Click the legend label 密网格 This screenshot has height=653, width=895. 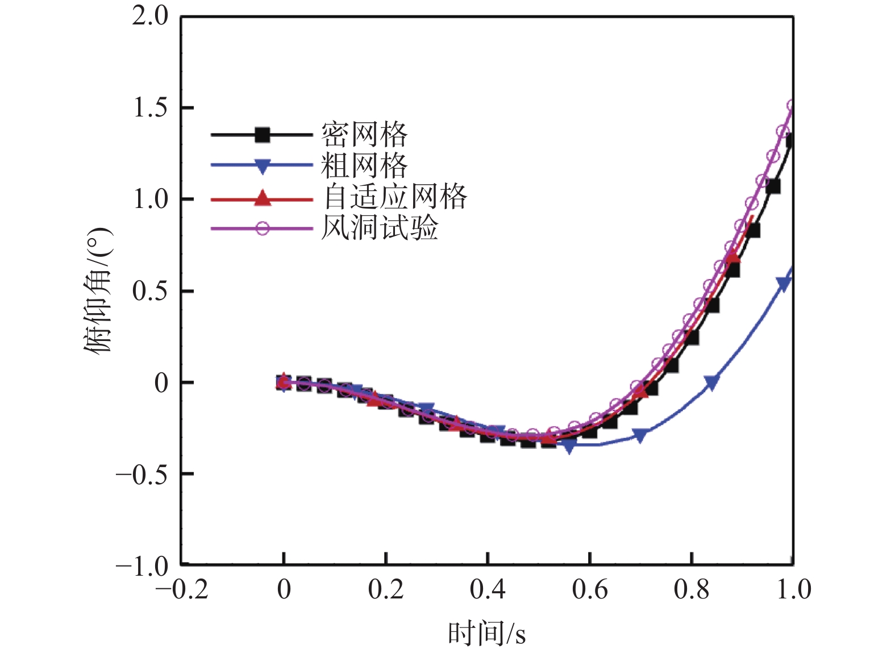[364, 135]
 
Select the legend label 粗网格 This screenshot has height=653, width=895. [364, 166]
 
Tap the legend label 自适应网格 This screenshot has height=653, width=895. [395, 197]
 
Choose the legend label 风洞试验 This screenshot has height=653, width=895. [380, 228]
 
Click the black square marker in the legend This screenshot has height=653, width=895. [262, 135]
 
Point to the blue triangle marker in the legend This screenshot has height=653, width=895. [262, 167]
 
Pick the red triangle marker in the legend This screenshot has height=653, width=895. [262, 198]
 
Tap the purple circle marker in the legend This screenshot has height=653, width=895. [262, 228]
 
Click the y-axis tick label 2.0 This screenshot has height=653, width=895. [151, 16]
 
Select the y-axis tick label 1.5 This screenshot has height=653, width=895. [151, 108]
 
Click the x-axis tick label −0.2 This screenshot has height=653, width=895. [182, 590]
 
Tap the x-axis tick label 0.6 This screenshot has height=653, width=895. [590, 590]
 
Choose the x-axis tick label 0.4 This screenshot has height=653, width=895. [488, 590]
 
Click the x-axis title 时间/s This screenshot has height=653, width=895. [487, 633]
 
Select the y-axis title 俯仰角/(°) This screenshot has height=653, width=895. [98, 290]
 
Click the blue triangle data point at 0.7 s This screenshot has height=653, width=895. [640, 436]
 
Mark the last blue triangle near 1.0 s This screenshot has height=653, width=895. [784, 284]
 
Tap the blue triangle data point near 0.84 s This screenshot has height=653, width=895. [711, 382]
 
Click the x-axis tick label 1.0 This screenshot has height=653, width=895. [794, 590]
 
